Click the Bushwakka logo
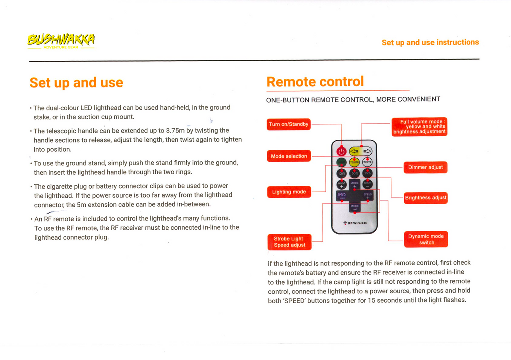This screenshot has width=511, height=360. (x=61, y=40)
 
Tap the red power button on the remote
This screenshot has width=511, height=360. (x=341, y=151)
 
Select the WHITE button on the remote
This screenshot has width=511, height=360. (x=367, y=162)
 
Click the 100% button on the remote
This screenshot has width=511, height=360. (x=341, y=174)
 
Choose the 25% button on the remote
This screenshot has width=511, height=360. (x=367, y=174)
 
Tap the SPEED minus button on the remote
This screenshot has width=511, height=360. (x=342, y=196)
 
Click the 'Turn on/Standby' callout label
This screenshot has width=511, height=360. (x=288, y=124)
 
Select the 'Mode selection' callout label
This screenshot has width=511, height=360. (x=289, y=156)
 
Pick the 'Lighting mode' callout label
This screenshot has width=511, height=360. (x=289, y=192)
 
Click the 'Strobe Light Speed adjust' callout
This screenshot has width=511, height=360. (x=289, y=242)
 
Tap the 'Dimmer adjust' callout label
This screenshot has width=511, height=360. (x=425, y=167)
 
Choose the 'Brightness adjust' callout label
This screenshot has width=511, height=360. (x=425, y=198)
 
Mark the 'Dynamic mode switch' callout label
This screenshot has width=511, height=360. (x=426, y=239)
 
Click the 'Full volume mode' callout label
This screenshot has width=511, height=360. (x=419, y=127)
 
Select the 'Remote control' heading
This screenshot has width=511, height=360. (x=315, y=82)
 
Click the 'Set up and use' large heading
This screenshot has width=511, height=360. (x=76, y=83)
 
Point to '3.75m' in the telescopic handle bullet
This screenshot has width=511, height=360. (x=175, y=131)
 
